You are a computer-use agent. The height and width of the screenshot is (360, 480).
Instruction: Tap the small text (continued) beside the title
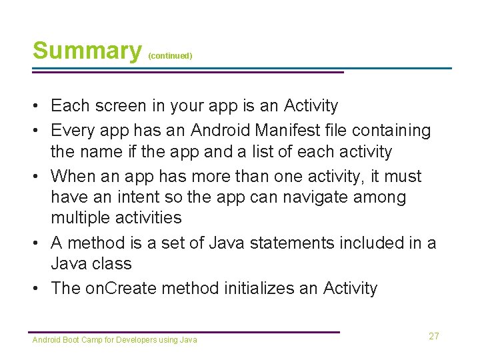click(x=170, y=56)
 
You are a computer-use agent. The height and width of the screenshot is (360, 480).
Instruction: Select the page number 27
click(x=434, y=336)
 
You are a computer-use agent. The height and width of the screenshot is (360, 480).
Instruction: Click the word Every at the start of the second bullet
click(x=71, y=130)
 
